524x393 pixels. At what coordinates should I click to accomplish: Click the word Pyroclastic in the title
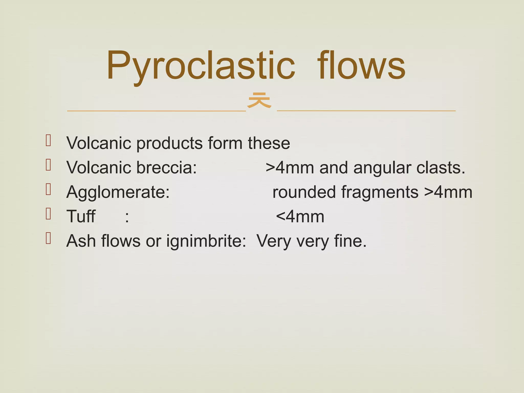click(201, 66)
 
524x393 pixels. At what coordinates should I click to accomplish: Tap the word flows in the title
click(361, 66)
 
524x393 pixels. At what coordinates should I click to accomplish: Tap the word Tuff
click(81, 217)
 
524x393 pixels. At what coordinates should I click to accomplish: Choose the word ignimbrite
click(206, 241)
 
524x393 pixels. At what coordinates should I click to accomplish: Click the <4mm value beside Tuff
click(300, 217)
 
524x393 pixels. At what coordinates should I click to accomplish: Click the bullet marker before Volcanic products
click(48, 140)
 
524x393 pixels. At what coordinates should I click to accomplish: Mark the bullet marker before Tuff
click(48, 214)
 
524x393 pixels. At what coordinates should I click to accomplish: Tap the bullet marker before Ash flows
click(48, 238)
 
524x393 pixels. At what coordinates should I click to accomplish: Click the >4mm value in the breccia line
click(290, 168)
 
